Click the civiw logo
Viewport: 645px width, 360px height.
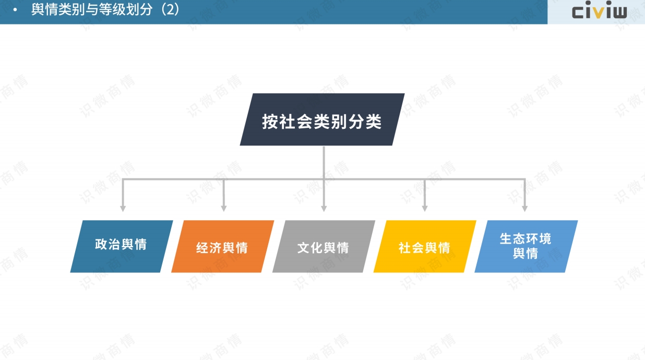click(x=599, y=10)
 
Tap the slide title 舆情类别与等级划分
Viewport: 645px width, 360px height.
click(x=92, y=9)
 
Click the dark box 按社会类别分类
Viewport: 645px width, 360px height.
click(x=322, y=119)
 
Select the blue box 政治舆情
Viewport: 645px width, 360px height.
click(x=122, y=247)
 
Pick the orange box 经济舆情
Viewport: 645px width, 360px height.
click(x=223, y=247)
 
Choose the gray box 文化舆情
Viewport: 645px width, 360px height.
click(x=324, y=247)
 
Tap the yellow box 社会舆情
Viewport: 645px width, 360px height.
click(x=425, y=247)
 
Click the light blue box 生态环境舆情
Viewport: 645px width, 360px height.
click(x=526, y=247)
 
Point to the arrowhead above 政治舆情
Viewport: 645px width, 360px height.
click(x=123, y=209)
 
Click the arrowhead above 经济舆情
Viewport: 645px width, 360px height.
click(x=224, y=209)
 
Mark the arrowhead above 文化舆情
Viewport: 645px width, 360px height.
click(x=324, y=209)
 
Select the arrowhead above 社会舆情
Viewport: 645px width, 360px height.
click(x=425, y=209)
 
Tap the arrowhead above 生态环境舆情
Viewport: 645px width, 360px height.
click(x=525, y=209)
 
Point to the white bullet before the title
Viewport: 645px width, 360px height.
click(x=15, y=10)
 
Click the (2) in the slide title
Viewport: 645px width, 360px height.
click(x=170, y=9)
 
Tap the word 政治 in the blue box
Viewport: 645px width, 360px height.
click(x=107, y=244)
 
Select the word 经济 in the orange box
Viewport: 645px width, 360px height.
click(x=209, y=248)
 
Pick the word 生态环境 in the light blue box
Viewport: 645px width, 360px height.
click(x=525, y=239)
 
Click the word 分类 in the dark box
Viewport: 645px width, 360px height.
click(x=365, y=122)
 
